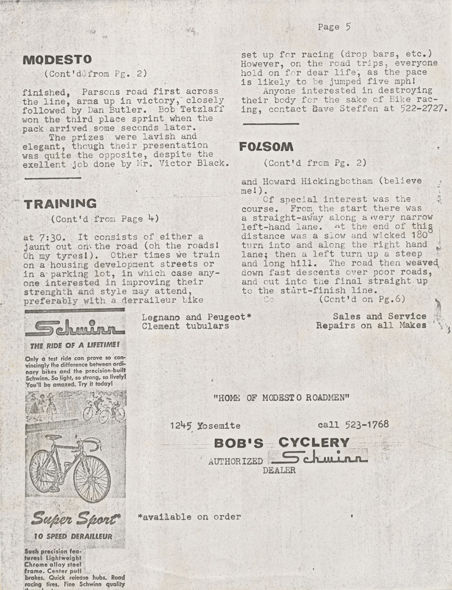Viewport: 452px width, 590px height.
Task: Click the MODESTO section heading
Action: pos(57,60)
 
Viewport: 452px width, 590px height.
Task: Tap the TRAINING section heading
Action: pos(60,204)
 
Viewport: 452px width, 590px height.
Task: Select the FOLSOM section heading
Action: pos(266,147)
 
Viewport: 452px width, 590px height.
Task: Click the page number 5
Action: pos(348,27)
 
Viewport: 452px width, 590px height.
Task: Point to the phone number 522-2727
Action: pos(424,109)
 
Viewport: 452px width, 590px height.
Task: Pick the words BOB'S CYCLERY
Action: pos(281,442)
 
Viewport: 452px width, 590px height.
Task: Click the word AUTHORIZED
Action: pos(235,461)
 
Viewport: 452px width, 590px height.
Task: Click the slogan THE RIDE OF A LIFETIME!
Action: pos(75,346)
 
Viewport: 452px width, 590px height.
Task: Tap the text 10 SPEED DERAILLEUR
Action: pos(73,536)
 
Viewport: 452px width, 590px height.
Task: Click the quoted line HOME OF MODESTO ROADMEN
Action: pos(281,397)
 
